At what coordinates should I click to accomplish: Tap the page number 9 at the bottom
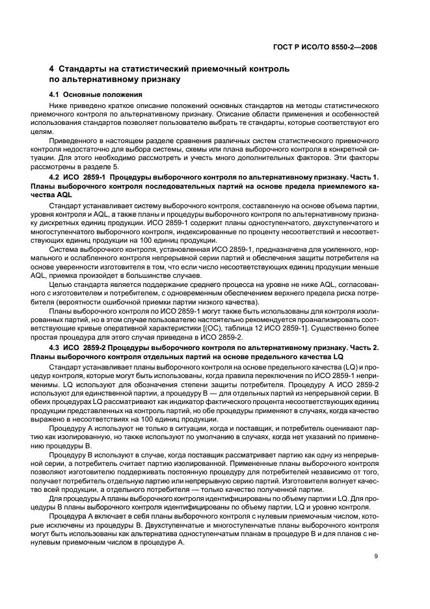click(376, 556)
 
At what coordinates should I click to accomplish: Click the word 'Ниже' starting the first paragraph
click(70, 105)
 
